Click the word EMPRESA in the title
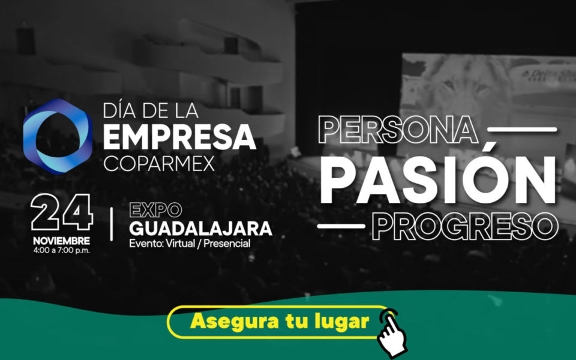[x=179, y=137]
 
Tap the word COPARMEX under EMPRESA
[x=158, y=163]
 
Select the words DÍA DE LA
[x=151, y=110]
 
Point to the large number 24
[x=62, y=212]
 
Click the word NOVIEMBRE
[x=61, y=241]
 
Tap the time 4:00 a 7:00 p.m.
[x=61, y=251]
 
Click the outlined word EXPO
[x=155, y=210]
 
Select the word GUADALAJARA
[x=200, y=229]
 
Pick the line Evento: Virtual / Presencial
[x=190, y=243]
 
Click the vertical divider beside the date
[x=112, y=224]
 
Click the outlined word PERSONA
[x=398, y=130]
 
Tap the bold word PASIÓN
[x=437, y=180]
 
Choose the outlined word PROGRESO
[x=465, y=226]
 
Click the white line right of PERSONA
[x=522, y=130]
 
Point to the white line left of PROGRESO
[x=341, y=226]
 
